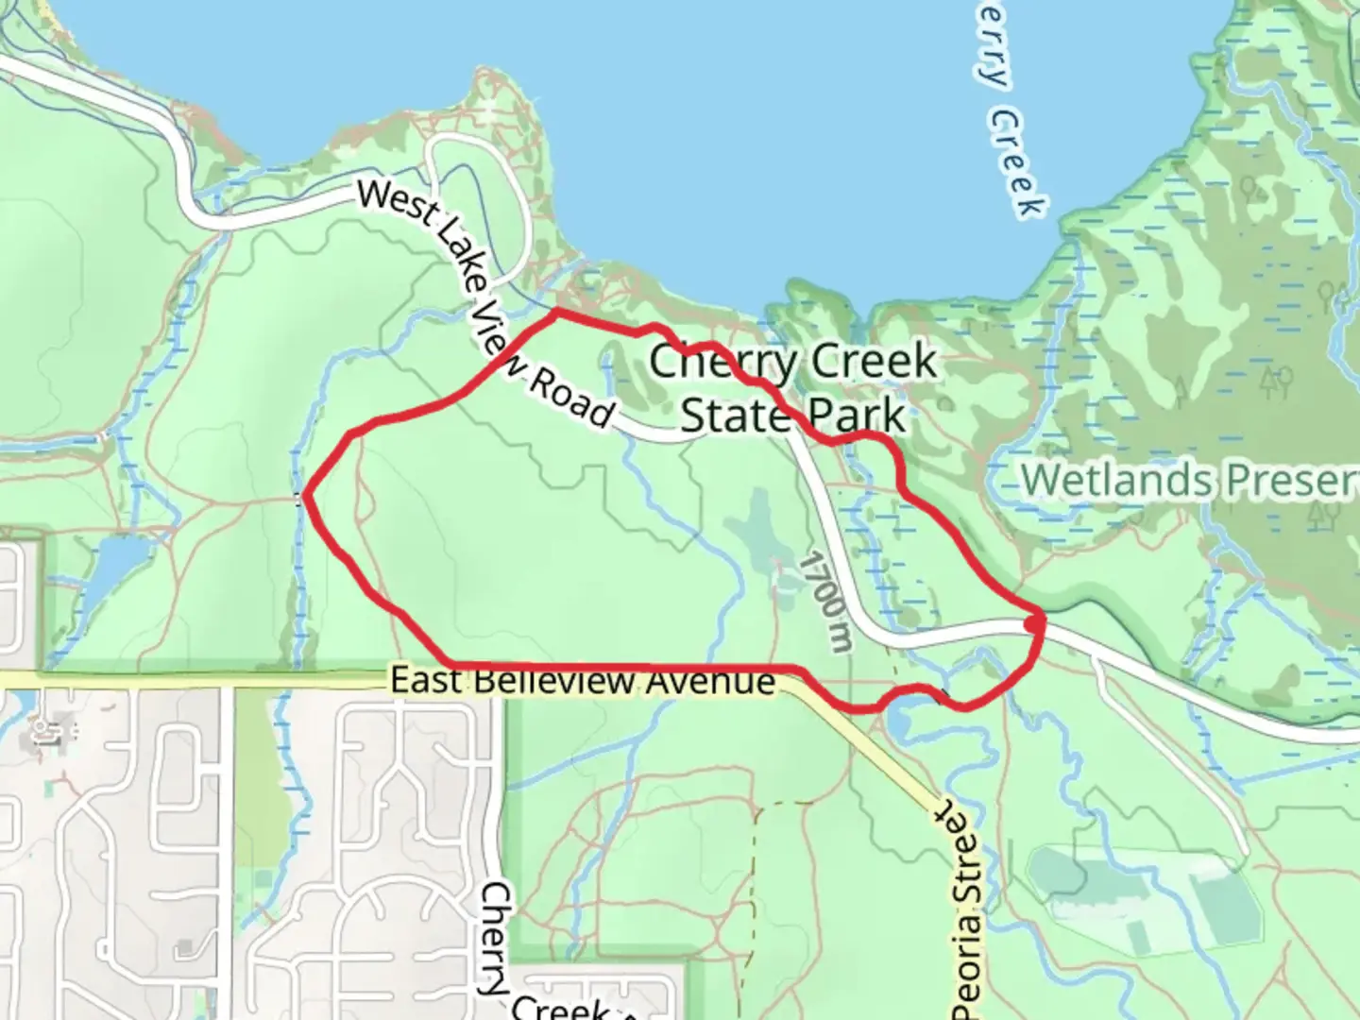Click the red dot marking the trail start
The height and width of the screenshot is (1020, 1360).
pos(1034,624)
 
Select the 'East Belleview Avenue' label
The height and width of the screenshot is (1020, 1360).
pos(582,680)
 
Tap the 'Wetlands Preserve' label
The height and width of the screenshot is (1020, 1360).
pos(1190,480)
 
